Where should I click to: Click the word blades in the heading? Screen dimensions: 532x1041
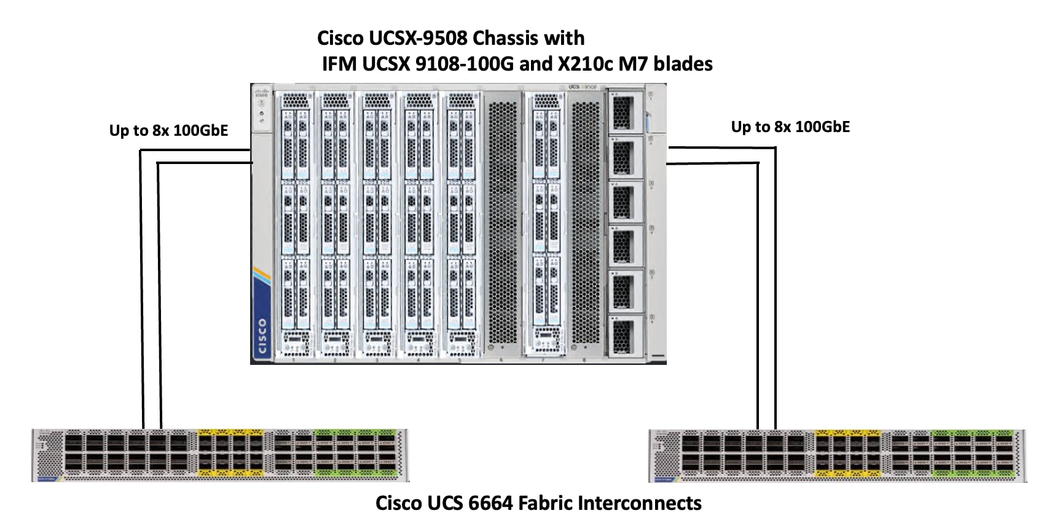pyautogui.click(x=683, y=64)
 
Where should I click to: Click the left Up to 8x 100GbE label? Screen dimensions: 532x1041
pyautogui.click(x=168, y=131)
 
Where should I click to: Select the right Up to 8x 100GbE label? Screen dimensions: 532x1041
pyautogui.click(x=790, y=127)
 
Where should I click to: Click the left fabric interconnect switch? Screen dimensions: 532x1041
pyautogui.click(x=220, y=455)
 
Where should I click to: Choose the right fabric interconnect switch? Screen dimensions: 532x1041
pyautogui.click(x=837, y=456)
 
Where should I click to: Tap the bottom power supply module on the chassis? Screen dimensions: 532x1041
pyautogui.click(x=624, y=335)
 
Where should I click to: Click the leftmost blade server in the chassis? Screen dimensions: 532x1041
pyautogui.click(x=295, y=224)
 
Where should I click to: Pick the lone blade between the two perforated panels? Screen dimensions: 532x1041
pyautogui.click(x=546, y=224)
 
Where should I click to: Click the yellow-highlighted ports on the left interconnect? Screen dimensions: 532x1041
pyautogui.click(x=230, y=454)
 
